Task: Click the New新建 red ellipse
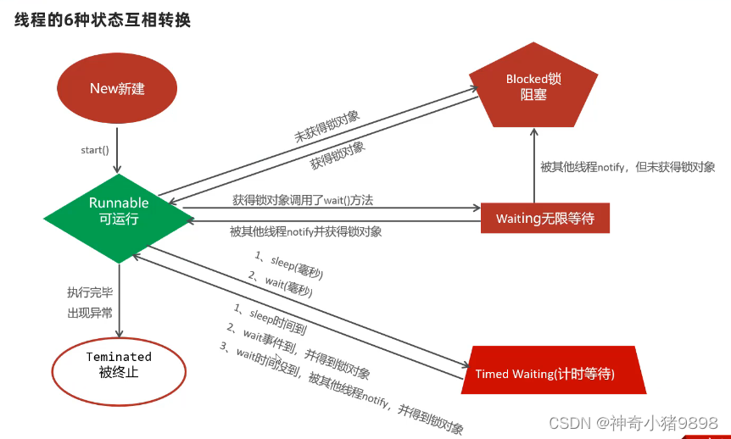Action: (117, 89)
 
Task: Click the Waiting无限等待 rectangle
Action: (544, 219)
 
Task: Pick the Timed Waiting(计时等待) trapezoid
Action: (550, 373)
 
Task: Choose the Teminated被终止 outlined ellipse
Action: (119, 364)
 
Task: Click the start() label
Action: (95, 150)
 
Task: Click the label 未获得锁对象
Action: (326, 125)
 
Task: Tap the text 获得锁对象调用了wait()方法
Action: (303, 200)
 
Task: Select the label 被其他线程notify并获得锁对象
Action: (305, 231)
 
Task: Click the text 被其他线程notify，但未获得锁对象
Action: (627, 167)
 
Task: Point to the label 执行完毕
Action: (90, 292)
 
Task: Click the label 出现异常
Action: (90, 314)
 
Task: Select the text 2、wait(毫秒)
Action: (279, 284)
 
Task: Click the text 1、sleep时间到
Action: (269, 315)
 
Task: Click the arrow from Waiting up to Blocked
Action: (533, 165)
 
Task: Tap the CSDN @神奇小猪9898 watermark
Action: (633, 422)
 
